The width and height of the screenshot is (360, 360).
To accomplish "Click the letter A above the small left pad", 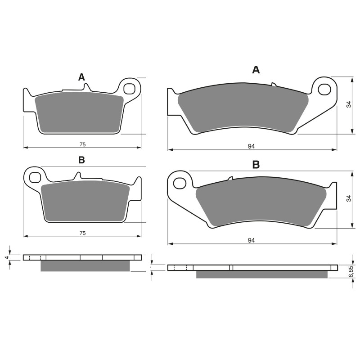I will [x=81, y=77].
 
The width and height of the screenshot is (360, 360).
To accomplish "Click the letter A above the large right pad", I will [x=256, y=70].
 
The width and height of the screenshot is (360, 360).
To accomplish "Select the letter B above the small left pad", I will [x=81, y=160].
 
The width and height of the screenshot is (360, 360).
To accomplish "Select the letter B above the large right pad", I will [x=256, y=165].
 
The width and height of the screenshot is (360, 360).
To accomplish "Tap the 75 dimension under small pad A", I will [x=83, y=144].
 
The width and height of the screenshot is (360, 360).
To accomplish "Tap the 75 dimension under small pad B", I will [x=83, y=233].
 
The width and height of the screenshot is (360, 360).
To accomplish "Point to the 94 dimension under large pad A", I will [x=252, y=146].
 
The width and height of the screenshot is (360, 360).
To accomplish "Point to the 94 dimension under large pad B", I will [x=252, y=241].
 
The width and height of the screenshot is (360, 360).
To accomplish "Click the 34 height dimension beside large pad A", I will [x=348, y=104].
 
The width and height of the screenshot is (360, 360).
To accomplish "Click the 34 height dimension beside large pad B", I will [x=348, y=198].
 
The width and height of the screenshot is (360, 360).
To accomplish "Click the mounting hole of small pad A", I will [x=130, y=88].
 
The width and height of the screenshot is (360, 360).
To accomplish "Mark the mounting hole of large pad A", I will [x=324, y=89].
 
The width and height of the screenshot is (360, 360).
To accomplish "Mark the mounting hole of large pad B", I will [x=180, y=183].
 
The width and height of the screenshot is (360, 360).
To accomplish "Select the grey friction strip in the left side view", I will [x=85, y=266].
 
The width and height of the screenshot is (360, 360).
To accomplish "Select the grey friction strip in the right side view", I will [x=261, y=274].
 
